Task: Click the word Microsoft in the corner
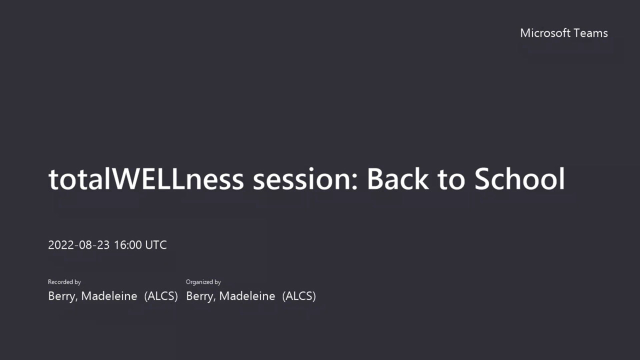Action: tap(545, 33)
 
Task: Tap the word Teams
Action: tap(590, 33)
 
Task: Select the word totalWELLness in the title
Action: tap(146, 179)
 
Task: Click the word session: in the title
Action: tap(305, 179)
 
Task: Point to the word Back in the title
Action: tap(397, 179)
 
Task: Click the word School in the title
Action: tap(519, 179)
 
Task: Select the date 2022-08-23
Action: tap(79, 245)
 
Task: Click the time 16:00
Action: tap(127, 245)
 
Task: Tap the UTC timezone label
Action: tap(155, 245)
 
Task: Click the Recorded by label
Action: tap(64, 282)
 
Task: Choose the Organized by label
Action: tap(203, 282)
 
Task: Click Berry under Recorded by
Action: tap(63, 296)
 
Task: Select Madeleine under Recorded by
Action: tap(109, 296)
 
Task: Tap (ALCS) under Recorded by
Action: tap(161, 296)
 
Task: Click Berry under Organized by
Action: tap(201, 296)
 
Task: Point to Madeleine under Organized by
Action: tap(247, 296)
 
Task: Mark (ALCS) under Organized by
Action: tap(299, 296)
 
